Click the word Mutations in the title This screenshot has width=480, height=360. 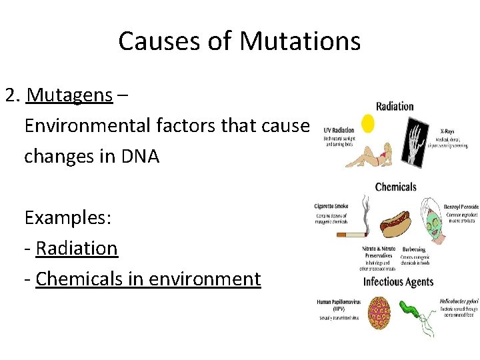coord(300,41)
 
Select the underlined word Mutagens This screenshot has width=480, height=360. coord(69,95)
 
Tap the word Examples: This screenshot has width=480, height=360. coord(67,217)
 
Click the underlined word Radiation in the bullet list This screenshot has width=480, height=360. coord(77,248)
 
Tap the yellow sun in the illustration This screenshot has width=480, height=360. coord(367,123)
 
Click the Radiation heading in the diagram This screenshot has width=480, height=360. coord(395,106)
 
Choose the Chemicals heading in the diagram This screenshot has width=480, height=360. coord(395,187)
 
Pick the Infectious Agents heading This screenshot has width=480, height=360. coord(398,281)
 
